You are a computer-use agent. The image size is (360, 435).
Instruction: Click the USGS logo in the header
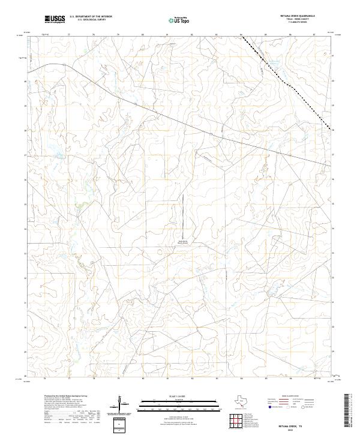pyautogui.click(x=55, y=20)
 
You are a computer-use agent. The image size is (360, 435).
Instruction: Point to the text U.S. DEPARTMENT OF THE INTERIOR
pyautogui.click(x=91, y=17)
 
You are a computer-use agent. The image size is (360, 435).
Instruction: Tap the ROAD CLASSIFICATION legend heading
pyautogui.click(x=300, y=397)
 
